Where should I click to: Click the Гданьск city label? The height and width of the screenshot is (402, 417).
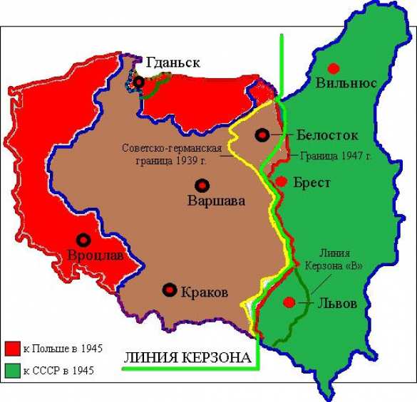(x=173, y=63)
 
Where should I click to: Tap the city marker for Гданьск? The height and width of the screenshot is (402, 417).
(x=138, y=83)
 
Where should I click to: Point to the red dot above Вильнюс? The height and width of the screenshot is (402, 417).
(x=333, y=68)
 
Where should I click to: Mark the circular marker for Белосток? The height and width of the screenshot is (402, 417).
(x=263, y=134)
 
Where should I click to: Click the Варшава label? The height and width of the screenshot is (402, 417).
(x=216, y=201)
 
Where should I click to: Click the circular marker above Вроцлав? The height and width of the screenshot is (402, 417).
(x=83, y=240)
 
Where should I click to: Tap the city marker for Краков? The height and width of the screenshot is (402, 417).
(x=170, y=290)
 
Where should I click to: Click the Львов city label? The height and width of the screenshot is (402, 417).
(x=334, y=304)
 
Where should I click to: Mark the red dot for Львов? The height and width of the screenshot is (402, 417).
(x=289, y=303)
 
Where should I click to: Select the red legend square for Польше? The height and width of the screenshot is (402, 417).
(x=11, y=349)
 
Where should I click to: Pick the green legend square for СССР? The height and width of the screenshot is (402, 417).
(x=11, y=370)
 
